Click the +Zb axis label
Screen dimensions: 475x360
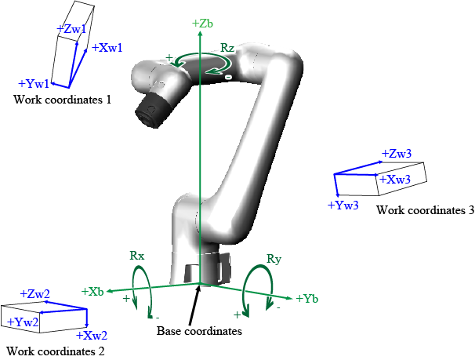pos(202,24)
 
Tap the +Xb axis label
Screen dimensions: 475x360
pos(92,292)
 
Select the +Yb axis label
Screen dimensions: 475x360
pos(307,299)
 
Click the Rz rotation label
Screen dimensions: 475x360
pos(227,48)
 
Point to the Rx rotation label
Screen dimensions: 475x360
pos(137,256)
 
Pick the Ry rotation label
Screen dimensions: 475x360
pos(274,259)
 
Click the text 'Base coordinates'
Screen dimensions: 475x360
pos(199,331)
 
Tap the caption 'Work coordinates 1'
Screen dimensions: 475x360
pos(62,100)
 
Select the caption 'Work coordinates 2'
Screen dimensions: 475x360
pos(56,351)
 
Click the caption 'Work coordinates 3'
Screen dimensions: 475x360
pos(426,210)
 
